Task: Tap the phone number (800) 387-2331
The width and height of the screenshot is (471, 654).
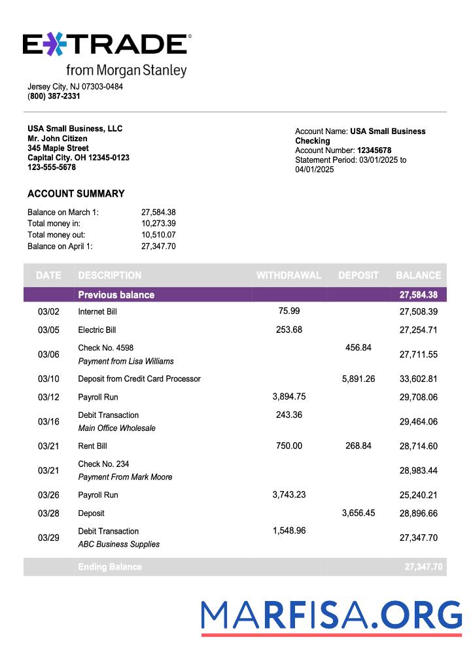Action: (54, 96)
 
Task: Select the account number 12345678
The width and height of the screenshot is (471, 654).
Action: (374, 150)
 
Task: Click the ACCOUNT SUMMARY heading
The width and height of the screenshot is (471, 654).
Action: (76, 194)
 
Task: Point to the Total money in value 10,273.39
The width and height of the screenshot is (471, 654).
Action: (158, 224)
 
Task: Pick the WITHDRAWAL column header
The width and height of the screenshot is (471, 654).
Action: (288, 275)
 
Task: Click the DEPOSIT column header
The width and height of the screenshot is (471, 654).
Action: (358, 275)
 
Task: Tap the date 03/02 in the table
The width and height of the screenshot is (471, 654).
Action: (48, 312)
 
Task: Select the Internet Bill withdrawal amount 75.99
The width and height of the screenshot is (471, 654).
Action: (289, 311)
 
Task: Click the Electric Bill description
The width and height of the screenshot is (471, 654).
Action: (97, 330)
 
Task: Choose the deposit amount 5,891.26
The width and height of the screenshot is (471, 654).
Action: (358, 379)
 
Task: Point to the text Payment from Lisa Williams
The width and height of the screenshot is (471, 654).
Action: (126, 361)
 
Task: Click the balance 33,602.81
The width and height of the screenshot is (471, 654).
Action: (418, 379)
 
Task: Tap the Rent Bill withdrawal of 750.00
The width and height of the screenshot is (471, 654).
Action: (289, 445)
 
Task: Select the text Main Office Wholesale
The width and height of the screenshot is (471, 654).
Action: (116, 428)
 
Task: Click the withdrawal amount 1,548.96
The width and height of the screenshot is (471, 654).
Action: (289, 530)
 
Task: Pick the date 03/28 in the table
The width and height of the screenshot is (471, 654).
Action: (48, 513)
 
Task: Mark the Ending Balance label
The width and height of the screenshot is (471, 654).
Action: (109, 567)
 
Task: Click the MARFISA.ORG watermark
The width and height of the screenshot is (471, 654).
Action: (331, 617)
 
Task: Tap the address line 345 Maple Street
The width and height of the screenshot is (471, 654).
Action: (58, 148)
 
